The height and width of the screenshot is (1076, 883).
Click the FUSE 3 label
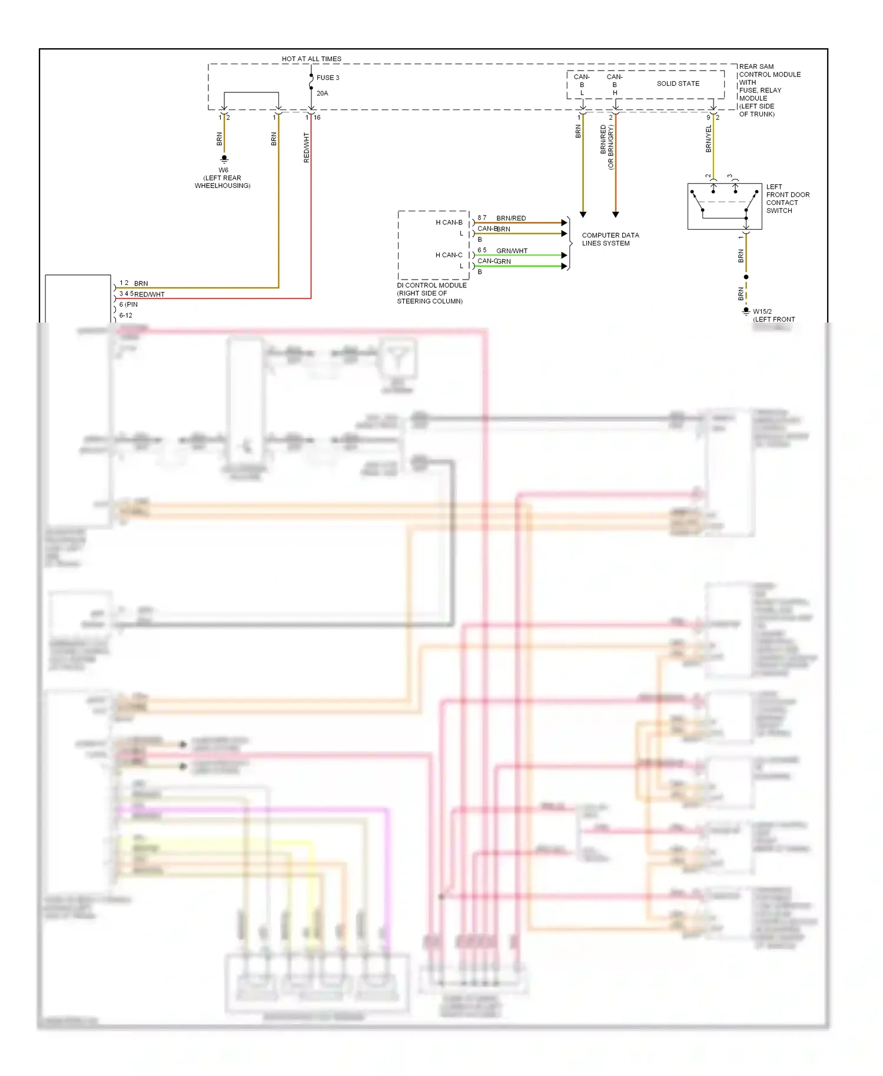point(327,78)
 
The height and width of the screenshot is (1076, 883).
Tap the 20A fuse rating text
point(322,93)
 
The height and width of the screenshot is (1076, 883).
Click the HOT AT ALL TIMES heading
point(311,59)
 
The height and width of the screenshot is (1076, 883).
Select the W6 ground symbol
point(224,159)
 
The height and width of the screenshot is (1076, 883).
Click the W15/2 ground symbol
point(746,311)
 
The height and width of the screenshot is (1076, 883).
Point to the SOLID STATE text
point(678,84)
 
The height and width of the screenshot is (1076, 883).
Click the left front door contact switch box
point(724,206)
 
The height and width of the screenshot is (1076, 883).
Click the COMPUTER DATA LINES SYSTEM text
point(610,239)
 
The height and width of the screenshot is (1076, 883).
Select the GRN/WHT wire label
point(512,251)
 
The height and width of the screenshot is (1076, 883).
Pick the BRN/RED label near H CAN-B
point(511,218)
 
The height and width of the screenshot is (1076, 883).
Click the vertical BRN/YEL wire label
point(709,139)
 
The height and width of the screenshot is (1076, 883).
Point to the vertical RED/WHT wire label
point(306,147)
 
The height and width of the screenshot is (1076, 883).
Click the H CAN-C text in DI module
point(449,255)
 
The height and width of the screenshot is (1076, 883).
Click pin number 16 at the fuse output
point(317,117)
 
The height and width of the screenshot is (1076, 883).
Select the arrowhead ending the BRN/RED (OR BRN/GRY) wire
point(615,215)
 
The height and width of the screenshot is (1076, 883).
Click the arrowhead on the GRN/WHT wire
point(564,255)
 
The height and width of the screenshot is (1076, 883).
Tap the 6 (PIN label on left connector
point(128,304)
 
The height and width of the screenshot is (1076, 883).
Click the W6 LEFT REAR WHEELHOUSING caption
point(223,178)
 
